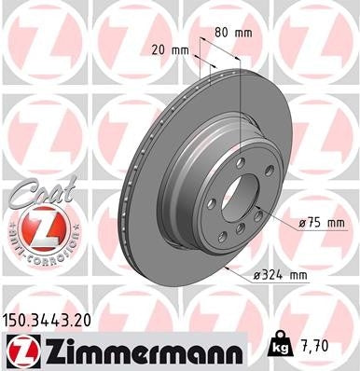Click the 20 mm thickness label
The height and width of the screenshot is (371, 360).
coord(168,49)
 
